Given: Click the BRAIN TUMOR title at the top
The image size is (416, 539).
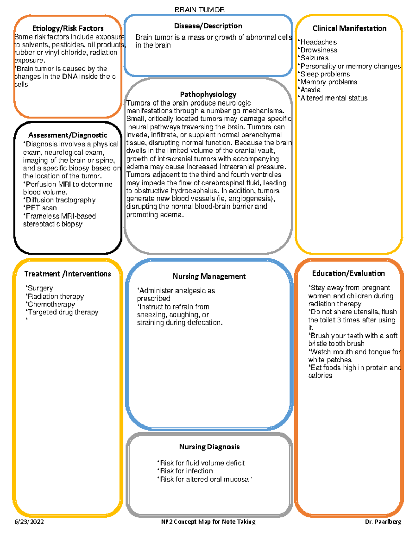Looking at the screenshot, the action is [x=199, y=10].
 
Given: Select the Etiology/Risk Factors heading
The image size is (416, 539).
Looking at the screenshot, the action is [x=68, y=28].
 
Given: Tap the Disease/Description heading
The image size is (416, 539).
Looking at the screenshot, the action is [x=208, y=26].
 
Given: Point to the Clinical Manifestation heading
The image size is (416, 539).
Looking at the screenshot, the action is [x=349, y=28].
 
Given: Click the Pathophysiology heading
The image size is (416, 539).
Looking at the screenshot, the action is [x=208, y=94].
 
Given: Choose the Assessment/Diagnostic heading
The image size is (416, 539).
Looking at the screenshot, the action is [x=68, y=135].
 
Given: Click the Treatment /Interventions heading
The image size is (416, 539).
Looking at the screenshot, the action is [x=68, y=274].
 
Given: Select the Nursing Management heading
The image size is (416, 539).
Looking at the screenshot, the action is [x=209, y=276].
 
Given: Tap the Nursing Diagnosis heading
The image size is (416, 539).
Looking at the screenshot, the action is [x=209, y=447].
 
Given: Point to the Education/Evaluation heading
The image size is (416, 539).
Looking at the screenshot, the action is [x=348, y=273].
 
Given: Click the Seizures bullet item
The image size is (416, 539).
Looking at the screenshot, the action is [x=314, y=58].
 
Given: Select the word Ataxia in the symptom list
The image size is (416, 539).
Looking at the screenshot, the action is [x=310, y=90].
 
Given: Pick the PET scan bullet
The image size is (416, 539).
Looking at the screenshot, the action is [x=41, y=208].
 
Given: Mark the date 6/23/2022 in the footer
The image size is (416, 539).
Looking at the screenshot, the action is [x=29, y=522].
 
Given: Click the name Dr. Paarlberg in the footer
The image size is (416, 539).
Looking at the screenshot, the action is [x=383, y=522].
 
